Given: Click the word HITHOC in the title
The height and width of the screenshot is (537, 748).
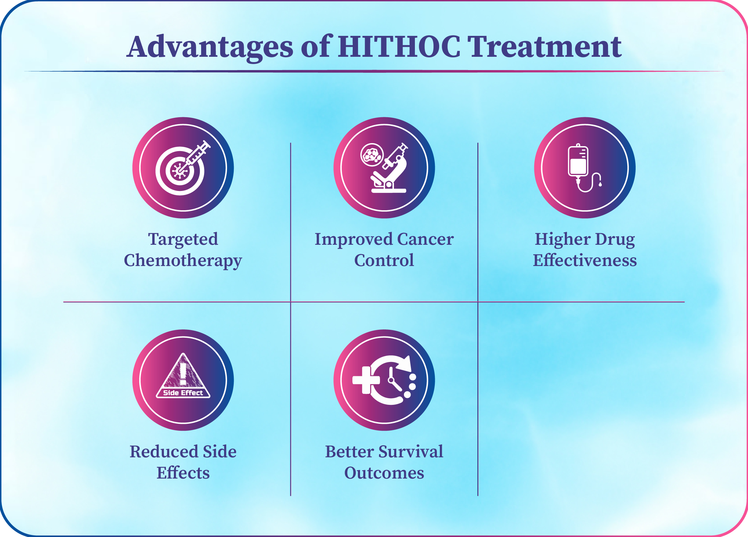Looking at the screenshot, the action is click(x=399, y=46).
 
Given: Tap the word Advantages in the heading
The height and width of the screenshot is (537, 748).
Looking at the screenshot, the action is click(x=210, y=47).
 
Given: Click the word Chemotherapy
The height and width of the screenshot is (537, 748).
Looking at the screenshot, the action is click(x=183, y=261).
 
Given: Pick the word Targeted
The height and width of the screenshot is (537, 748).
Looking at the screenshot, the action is click(x=183, y=240).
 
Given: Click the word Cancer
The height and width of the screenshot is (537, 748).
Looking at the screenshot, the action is click(x=425, y=239).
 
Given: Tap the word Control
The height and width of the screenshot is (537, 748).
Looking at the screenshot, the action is click(x=384, y=260).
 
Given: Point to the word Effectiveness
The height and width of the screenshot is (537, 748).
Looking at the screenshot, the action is click(x=585, y=260).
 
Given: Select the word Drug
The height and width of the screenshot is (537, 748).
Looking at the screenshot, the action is click(x=615, y=240).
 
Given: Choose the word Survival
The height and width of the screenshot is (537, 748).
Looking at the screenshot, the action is click(x=411, y=452).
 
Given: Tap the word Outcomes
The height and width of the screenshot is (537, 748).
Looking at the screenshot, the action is click(x=384, y=473).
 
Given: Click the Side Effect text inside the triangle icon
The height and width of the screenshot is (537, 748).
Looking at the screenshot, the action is click(x=183, y=393).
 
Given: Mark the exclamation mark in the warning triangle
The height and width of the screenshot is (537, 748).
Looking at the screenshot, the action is click(x=183, y=374).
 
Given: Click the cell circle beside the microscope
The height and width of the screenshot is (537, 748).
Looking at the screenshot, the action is click(x=372, y=155).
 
